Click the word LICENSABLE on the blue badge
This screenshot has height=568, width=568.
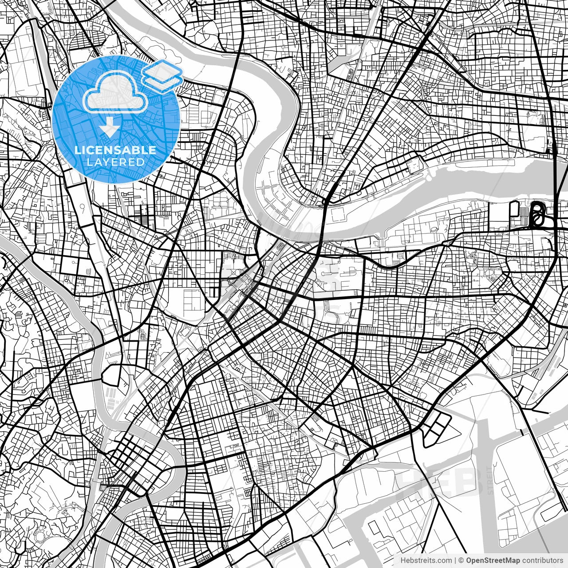[x=115, y=150]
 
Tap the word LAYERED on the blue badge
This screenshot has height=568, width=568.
[x=115, y=162]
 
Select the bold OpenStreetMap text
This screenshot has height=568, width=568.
[x=492, y=560]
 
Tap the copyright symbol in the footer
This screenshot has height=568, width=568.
[x=461, y=560]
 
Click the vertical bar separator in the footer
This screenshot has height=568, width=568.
[x=455, y=560]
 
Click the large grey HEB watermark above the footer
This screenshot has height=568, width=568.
[x=439, y=479]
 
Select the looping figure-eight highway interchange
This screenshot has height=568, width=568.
[x=537, y=214]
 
